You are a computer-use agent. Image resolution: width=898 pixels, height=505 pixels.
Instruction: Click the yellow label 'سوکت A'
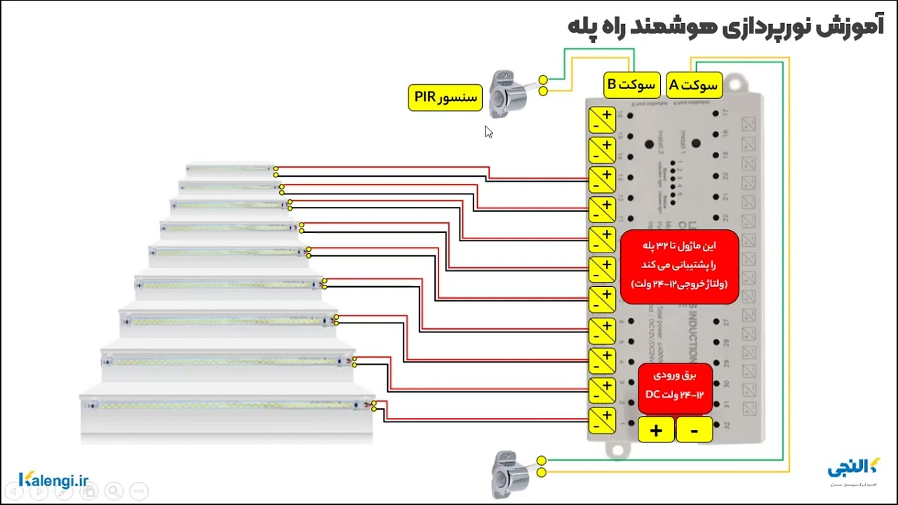click(693, 85)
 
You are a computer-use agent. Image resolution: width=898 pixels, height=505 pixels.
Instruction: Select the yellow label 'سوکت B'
click(631, 85)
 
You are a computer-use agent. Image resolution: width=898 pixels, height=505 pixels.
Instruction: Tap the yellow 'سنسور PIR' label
click(445, 97)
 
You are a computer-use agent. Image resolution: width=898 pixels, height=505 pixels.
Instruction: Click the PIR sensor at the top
click(507, 89)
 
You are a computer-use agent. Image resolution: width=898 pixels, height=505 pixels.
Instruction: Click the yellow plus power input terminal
click(656, 429)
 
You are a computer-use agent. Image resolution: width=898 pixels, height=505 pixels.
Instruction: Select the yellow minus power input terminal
click(694, 429)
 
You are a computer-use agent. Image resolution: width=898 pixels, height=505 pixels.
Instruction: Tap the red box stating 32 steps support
click(679, 267)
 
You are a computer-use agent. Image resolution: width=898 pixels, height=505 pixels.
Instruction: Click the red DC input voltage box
click(675, 386)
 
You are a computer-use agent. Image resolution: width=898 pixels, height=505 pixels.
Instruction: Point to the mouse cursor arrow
click(488, 131)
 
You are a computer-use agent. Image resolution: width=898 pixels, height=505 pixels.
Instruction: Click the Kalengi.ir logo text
click(54, 480)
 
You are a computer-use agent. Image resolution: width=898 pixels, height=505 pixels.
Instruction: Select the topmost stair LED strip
click(229, 169)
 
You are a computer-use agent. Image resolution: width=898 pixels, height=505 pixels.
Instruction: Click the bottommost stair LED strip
click(227, 405)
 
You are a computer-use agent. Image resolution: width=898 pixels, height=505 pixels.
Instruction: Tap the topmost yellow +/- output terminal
click(601, 120)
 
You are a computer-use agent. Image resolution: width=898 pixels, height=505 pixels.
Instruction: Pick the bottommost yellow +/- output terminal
click(601, 420)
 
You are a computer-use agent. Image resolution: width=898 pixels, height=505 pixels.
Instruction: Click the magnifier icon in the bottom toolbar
click(114, 491)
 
